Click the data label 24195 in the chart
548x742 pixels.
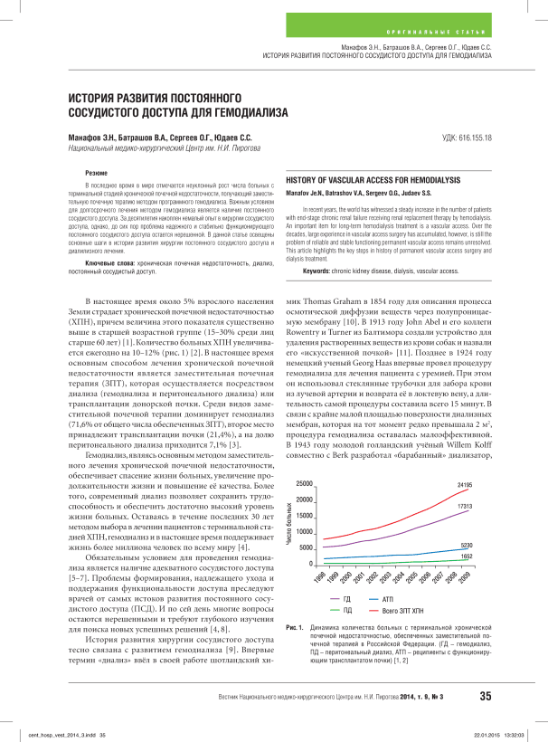[x=465, y=486]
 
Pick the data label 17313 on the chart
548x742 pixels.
[x=465, y=507]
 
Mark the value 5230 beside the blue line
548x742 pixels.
[x=467, y=546]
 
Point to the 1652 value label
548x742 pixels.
[x=467, y=556]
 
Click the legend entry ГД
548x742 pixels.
[x=348, y=599]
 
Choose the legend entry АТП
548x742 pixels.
[x=402, y=599]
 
